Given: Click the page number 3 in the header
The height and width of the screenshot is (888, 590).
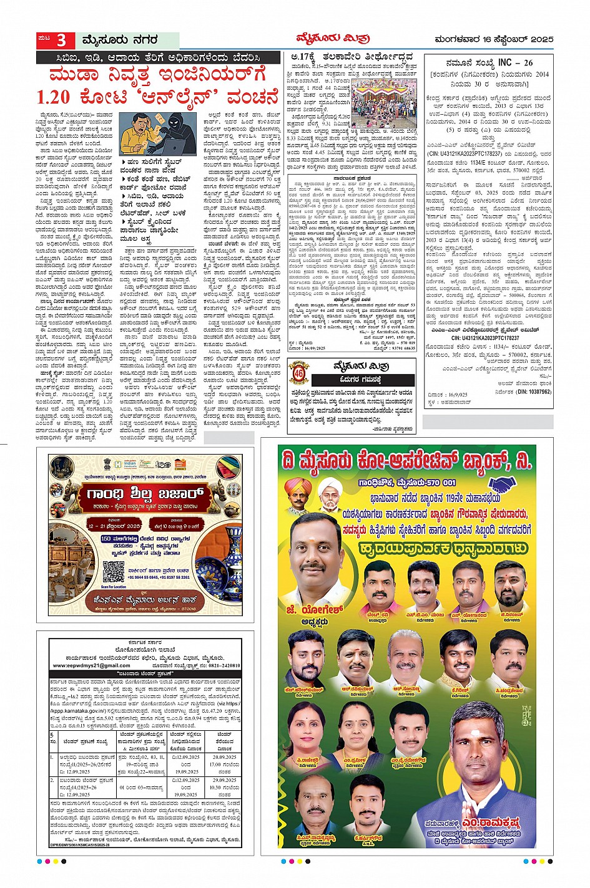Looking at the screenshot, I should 61,41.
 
